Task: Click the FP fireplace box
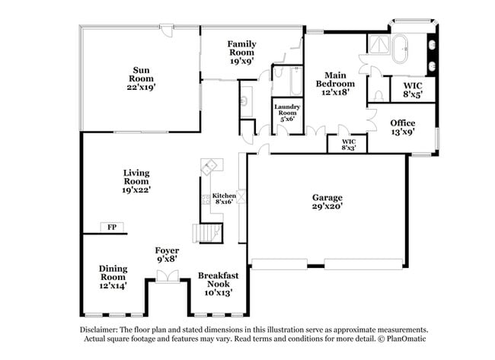click(111, 228)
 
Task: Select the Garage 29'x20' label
click(327, 201)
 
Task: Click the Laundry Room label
click(288, 112)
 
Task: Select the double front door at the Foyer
click(167, 281)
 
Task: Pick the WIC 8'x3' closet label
click(349, 144)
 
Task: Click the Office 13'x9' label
click(403, 127)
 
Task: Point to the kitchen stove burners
click(206, 200)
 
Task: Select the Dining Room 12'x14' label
click(113, 277)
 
